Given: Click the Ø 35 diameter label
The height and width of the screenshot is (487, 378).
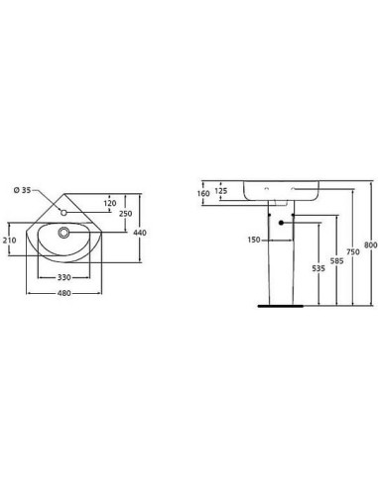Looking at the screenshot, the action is (22, 190).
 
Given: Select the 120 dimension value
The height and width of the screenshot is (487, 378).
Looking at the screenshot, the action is (110, 203).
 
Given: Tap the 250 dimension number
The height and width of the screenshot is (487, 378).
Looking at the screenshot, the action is (126, 214).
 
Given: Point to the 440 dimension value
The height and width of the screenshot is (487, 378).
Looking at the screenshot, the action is (140, 233).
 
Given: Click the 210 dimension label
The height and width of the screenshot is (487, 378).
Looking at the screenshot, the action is (9, 241).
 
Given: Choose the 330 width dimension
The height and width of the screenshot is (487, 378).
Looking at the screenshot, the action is (64, 277).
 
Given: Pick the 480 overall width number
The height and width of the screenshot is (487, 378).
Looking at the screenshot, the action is (64, 293).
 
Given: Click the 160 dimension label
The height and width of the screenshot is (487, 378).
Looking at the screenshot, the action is (203, 193).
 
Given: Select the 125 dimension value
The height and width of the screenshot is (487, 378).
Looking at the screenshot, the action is (221, 191).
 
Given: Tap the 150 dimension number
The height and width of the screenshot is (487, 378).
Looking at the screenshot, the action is (254, 240).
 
